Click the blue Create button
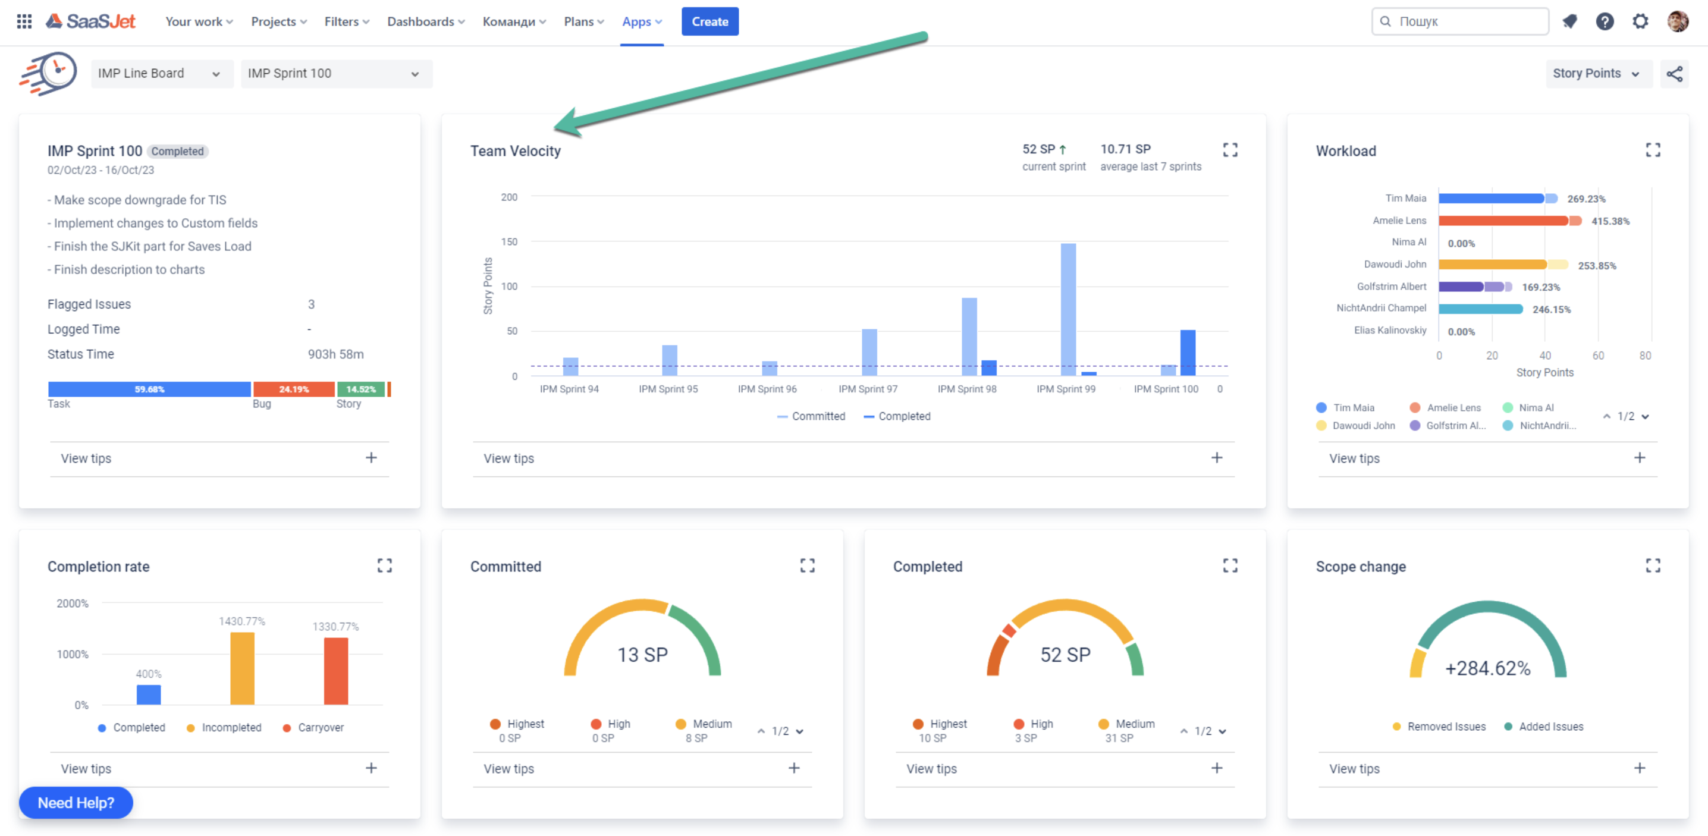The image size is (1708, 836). coord(709,21)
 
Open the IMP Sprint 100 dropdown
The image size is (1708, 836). coord(336,74)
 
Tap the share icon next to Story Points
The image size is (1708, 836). coord(1674,74)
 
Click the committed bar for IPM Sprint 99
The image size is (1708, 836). coord(1067,309)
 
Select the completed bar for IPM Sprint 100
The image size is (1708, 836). coord(1188,352)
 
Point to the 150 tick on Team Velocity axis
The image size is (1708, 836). coord(508,242)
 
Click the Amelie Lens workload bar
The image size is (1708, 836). coord(1502,221)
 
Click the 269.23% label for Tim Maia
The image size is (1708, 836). coord(1585,199)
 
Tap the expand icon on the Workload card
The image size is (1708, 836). coord(1652,150)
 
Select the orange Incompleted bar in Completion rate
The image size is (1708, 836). coord(242,668)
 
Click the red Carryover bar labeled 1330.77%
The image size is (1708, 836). coord(335,671)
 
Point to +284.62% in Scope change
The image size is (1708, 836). coord(1487,668)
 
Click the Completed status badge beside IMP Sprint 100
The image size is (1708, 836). coord(177,151)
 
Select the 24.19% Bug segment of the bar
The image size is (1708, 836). coord(294,389)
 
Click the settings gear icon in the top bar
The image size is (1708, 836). coord(1640,21)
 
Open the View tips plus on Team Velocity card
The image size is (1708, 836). coord(1216,457)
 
